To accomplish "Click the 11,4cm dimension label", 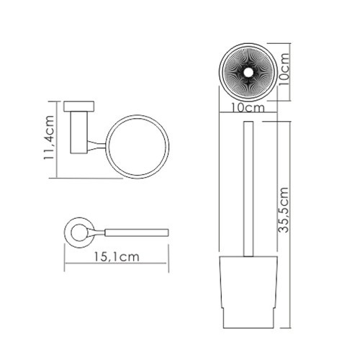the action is tap(48, 138).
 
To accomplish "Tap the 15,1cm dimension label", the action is tap(117, 256).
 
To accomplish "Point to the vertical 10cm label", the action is tap(284, 69).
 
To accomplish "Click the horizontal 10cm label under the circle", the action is tap(248, 107).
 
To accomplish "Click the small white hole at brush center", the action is tap(248, 72).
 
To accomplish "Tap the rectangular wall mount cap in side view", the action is tap(78, 107).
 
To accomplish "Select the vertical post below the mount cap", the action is tap(79, 132).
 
